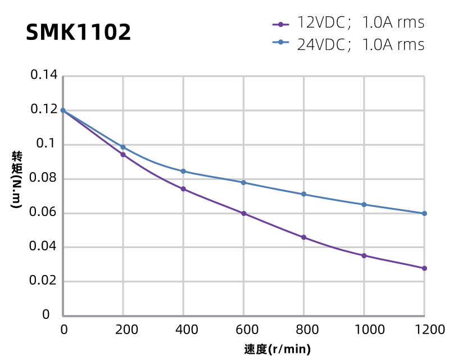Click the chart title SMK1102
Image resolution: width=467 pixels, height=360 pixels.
[x=79, y=33]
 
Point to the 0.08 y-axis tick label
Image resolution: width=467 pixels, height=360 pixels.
[x=43, y=179]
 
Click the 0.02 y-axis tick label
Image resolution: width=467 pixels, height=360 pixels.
[x=43, y=281]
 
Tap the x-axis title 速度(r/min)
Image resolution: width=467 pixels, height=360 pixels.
[x=278, y=349]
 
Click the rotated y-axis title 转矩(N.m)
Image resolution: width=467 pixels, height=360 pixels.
[x=17, y=180]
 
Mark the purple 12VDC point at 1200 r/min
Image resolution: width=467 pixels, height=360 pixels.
[x=424, y=268]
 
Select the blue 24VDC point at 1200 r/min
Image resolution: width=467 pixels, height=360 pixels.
[x=424, y=214]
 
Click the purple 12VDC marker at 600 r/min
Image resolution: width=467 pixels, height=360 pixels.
[x=243, y=214]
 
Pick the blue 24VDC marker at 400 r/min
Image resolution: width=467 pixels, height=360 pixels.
[x=183, y=171]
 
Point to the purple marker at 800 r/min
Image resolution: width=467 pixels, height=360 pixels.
[x=304, y=237]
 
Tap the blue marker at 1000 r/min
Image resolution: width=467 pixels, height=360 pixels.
[x=364, y=204]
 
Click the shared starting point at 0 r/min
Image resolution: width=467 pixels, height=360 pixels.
[x=63, y=110]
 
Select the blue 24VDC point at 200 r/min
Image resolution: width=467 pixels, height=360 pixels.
[x=123, y=147]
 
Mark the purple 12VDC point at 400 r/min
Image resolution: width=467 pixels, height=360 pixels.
[x=183, y=189]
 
